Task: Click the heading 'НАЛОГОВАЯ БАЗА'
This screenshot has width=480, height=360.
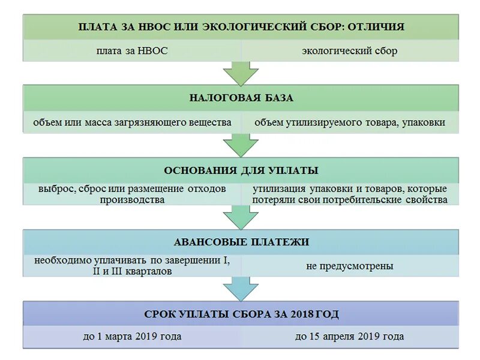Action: tap(241, 98)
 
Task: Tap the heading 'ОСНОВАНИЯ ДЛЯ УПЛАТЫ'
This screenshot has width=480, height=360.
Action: tap(241, 170)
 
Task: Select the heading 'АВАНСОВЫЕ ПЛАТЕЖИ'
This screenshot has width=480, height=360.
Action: tap(241, 242)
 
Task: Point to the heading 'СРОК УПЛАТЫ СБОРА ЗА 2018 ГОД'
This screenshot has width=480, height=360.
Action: tap(241, 314)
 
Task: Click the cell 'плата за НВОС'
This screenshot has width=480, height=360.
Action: tap(131, 51)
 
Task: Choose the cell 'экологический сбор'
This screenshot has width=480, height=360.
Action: tap(349, 51)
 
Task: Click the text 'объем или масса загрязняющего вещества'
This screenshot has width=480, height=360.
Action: tap(132, 122)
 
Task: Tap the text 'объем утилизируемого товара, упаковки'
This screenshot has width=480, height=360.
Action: tap(349, 122)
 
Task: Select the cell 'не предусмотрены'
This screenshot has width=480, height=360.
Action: tap(349, 266)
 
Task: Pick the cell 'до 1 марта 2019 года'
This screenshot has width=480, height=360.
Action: tap(132, 337)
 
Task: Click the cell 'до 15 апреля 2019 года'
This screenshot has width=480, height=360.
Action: tap(349, 337)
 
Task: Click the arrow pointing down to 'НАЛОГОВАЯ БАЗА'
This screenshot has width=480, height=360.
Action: tap(241, 73)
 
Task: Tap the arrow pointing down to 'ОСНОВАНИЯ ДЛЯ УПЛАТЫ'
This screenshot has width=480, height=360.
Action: tap(241, 145)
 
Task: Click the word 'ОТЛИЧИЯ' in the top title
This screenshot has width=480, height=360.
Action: tap(378, 27)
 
